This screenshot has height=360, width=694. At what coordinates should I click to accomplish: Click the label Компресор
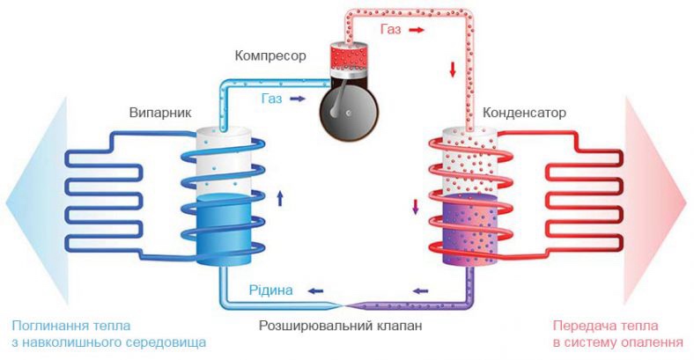point(269,56)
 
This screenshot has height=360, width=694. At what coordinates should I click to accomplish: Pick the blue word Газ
point(272,99)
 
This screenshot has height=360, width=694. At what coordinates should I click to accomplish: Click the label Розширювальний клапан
point(334,326)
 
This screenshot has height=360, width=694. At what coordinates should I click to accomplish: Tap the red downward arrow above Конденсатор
point(453,68)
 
